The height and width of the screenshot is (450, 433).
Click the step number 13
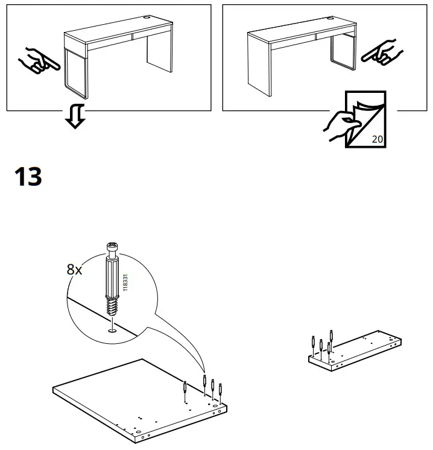point(28,176)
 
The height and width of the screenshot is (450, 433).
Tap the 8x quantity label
point(74,270)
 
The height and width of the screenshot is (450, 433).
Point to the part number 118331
point(125,282)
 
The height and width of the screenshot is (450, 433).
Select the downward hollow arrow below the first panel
point(75,116)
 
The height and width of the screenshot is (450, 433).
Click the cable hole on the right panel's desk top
point(331,18)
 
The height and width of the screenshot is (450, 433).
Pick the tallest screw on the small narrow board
point(332,338)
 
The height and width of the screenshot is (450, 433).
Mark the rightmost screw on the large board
point(220,391)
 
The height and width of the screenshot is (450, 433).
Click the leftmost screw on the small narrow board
point(314,344)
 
